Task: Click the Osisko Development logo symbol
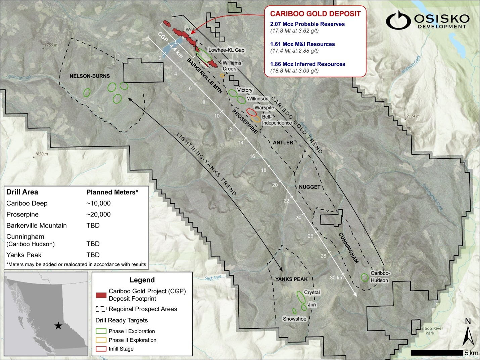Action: [x=398, y=20]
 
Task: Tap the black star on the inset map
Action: [x=58, y=325]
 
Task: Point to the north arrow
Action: [x=468, y=336]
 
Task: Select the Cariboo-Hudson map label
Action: [x=380, y=277]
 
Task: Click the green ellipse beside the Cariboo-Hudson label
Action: [x=365, y=277]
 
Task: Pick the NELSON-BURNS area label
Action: [x=90, y=76]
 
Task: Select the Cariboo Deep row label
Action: [x=27, y=203]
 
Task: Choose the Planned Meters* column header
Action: [x=112, y=192]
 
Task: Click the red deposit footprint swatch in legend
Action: [x=101, y=295]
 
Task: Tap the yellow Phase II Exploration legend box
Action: [x=101, y=340]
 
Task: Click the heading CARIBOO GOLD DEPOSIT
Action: [x=315, y=14]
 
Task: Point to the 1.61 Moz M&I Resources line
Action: [x=302, y=44]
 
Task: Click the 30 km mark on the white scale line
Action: [x=337, y=277]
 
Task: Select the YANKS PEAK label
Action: [x=291, y=279]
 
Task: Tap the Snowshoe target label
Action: [x=294, y=319]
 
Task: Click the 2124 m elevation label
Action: [x=413, y=116]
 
